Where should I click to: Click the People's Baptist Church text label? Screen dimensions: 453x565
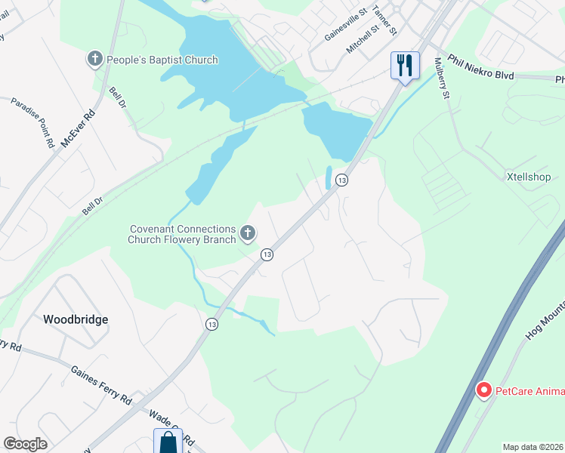pos(162,60)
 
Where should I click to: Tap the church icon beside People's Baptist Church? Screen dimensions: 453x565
pos(95,58)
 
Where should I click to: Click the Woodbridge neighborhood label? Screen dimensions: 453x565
pos(76,319)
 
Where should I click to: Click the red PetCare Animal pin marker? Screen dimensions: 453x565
pos(483,390)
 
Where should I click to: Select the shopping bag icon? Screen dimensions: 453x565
pos(168,441)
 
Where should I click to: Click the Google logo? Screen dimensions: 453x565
pos(26,443)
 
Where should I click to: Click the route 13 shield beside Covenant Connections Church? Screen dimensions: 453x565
pos(267,255)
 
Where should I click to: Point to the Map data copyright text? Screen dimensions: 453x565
pos(533,447)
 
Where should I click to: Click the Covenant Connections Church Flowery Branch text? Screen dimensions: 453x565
pos(181,234)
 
